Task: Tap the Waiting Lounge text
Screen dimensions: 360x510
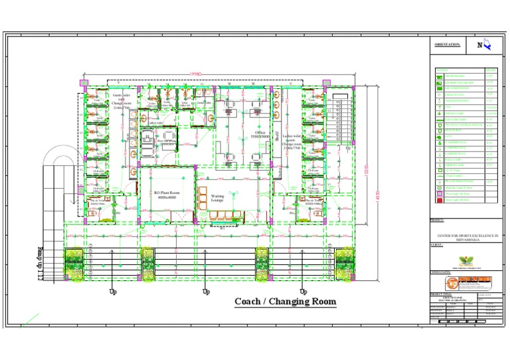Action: (218, 197)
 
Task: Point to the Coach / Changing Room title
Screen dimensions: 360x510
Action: (285, 302)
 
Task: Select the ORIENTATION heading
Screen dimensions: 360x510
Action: (448, 45)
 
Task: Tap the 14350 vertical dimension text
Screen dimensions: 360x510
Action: (378, 197)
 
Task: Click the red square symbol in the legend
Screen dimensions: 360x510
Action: (438, 199)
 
